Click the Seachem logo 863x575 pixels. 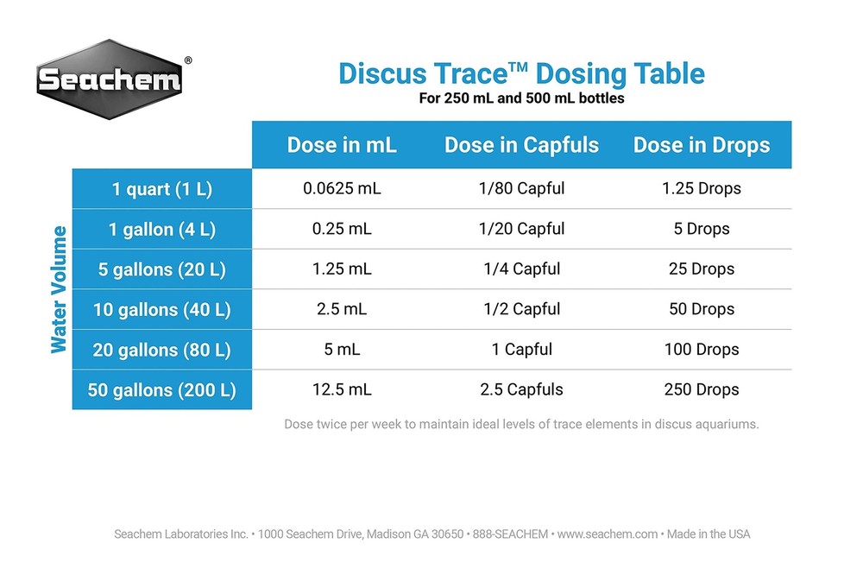tap(109, 79)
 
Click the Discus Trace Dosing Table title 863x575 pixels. tap(521, 73)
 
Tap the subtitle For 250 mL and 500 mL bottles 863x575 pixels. tap(521, 98)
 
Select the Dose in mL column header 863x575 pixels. tap(342, 145)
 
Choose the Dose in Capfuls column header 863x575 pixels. tap(521, 145)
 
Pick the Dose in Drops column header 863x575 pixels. tap(702, 145)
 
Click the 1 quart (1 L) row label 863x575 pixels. tap(162, 188)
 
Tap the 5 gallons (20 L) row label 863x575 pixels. tap(162, 269)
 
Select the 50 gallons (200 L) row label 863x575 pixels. tap(162, 390)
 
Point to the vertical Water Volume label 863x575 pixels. tap(59, 289)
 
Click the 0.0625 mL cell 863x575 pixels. tap(342, 188)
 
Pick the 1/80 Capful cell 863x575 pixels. tap(521, 188)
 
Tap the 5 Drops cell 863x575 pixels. tap(702, 229)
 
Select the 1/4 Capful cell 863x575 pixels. tap(521, 269)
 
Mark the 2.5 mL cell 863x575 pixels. tap(342, 309)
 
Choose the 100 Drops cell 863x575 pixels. tap(702, 350)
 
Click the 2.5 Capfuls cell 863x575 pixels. tap(521, 390)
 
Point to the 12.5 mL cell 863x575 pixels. tap(342, 390)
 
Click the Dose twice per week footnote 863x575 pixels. tap(521, 425)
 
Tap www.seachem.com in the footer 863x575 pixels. tap(608, 534)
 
